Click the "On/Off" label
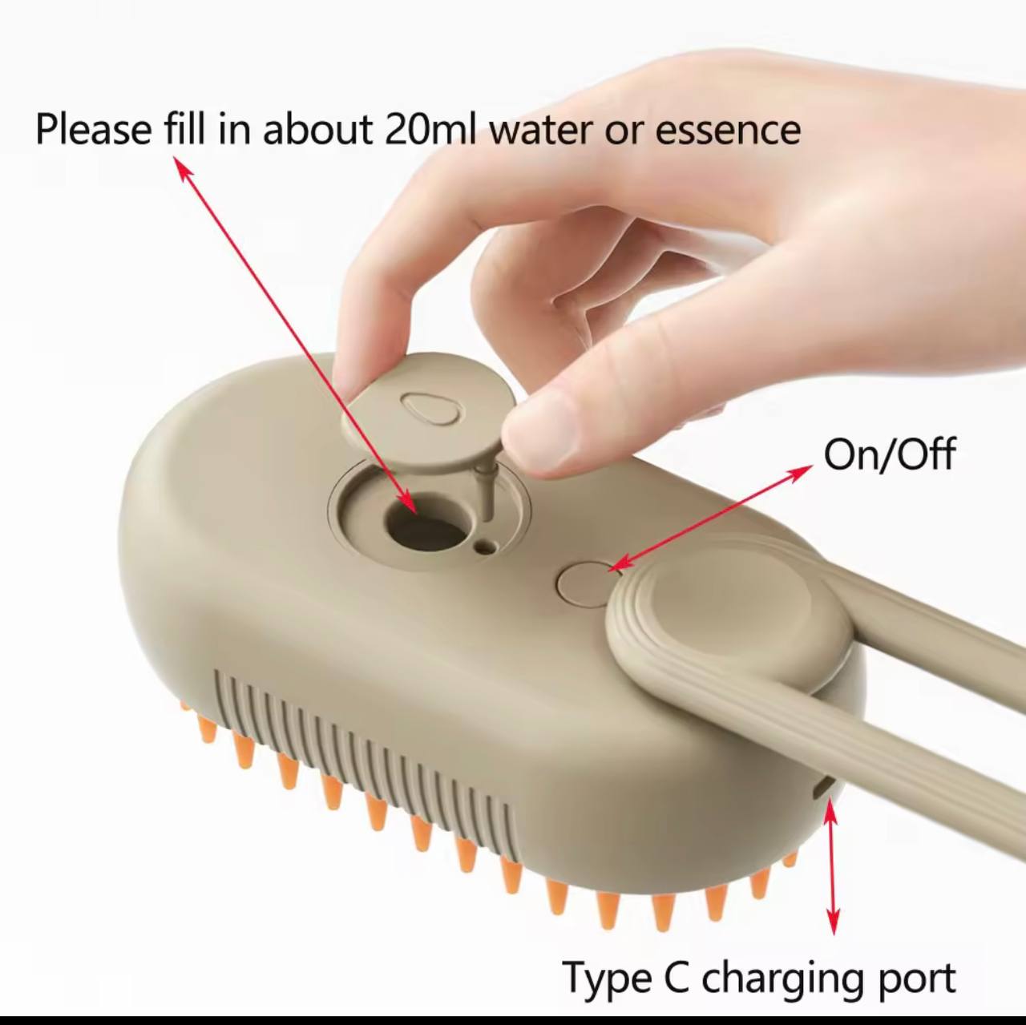(x=889, y=455)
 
